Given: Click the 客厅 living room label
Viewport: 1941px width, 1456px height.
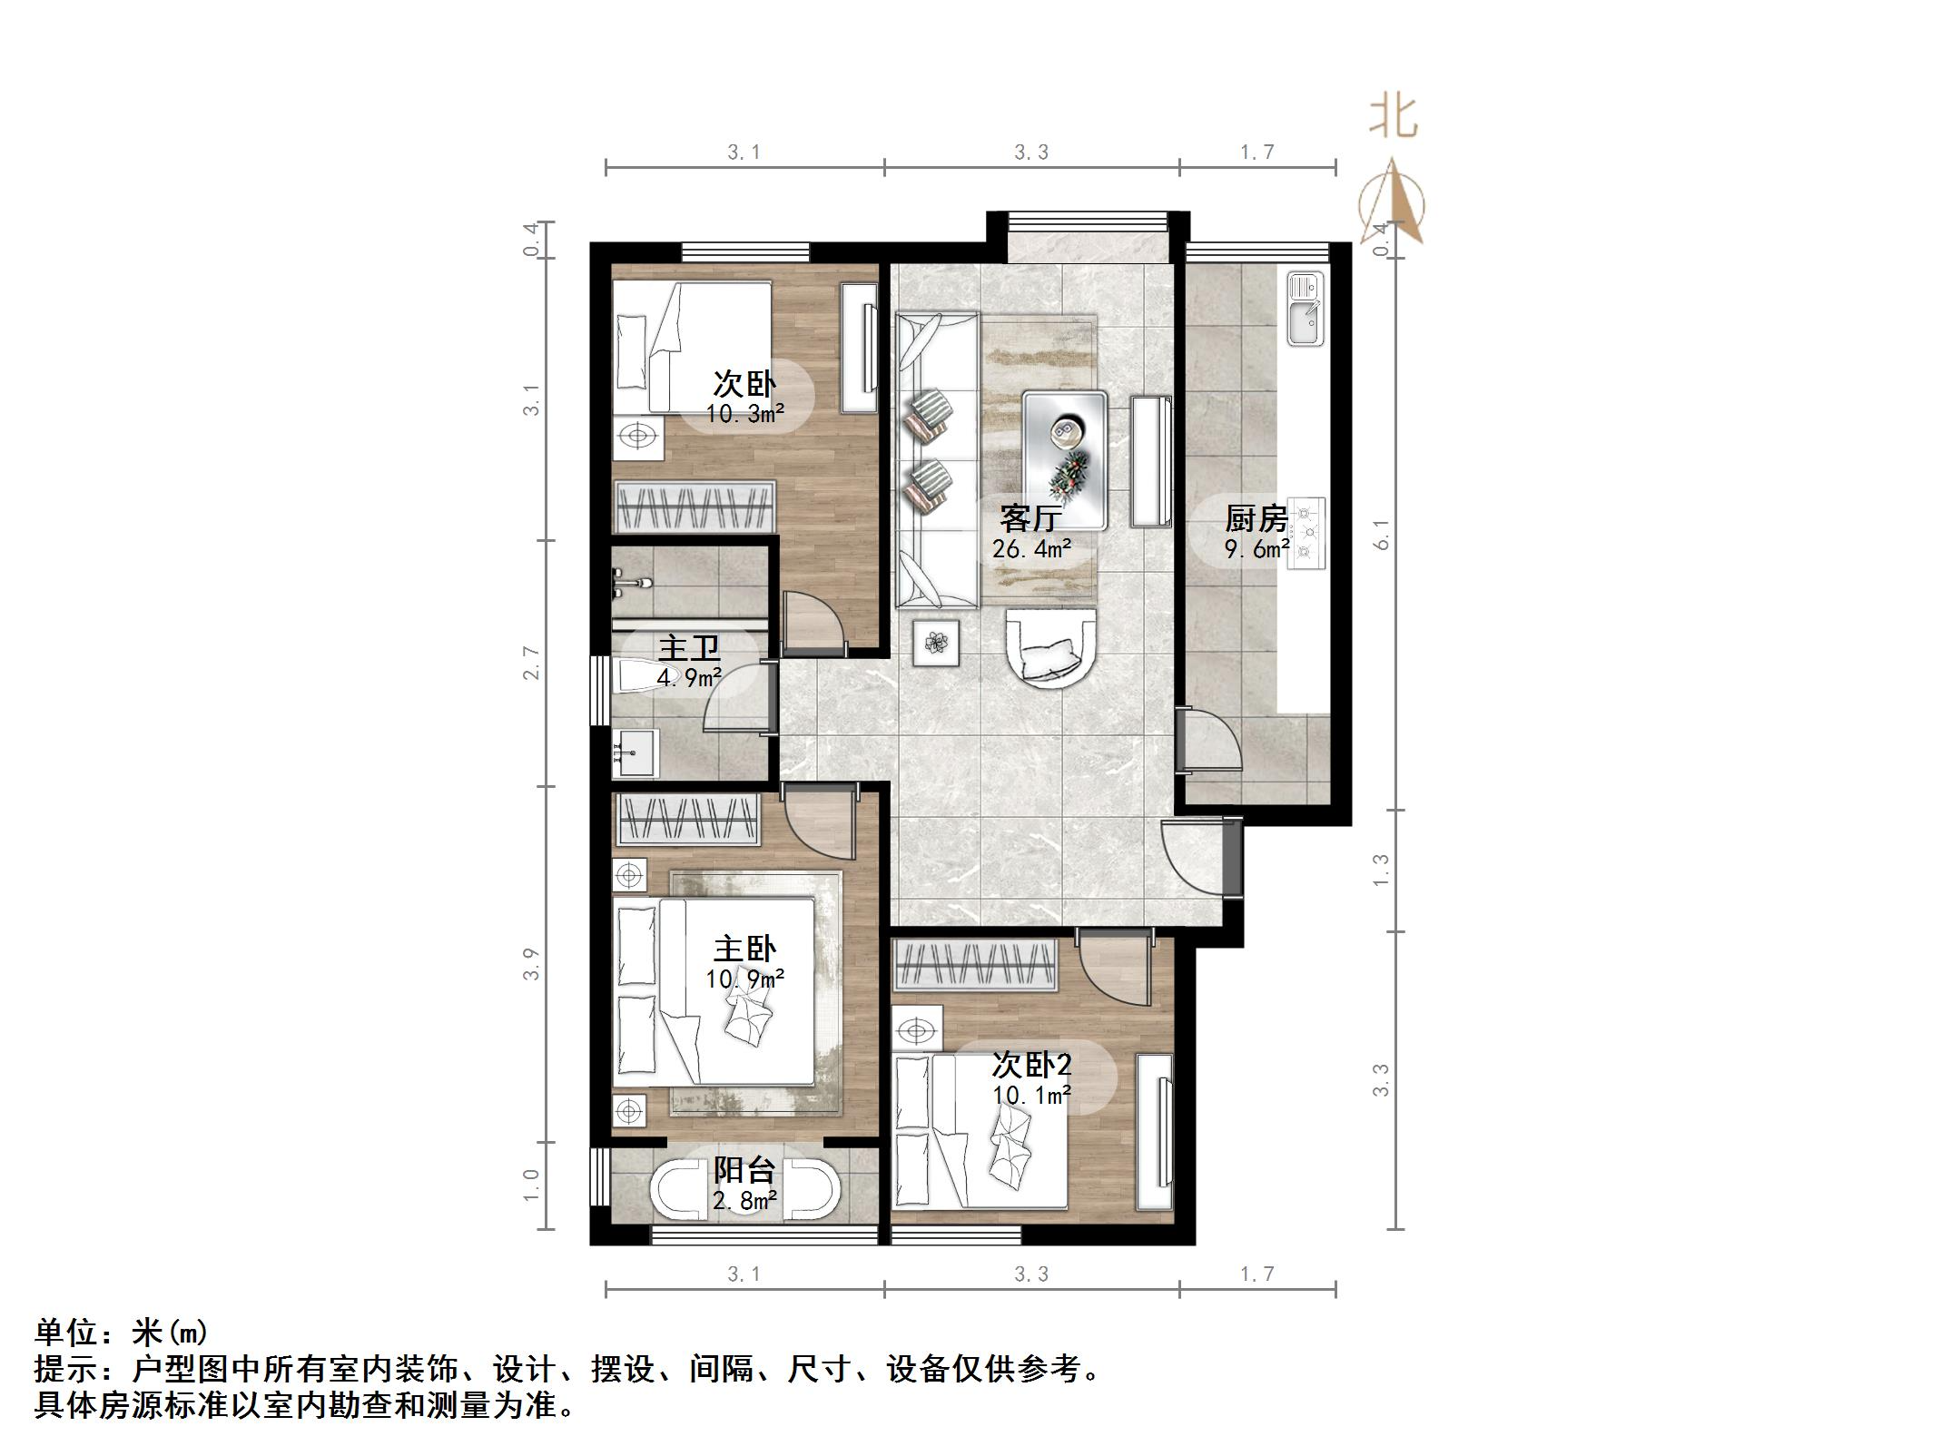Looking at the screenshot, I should point(1030,518).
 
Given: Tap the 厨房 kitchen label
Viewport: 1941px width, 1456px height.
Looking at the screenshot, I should point(1256,518).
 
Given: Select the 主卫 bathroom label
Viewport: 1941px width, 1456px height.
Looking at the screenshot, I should point(689,648).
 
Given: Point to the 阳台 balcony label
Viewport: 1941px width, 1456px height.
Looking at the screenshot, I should point(744,1170).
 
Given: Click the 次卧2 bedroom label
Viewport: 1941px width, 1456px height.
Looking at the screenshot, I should point(1031,1064).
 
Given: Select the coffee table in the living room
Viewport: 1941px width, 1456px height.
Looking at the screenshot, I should point(1065,459).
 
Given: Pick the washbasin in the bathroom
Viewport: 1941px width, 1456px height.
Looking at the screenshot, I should point(635,753).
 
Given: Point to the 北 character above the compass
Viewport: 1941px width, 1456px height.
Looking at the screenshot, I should point(1393,118).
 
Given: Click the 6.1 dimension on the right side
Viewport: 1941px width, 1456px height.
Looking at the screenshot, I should point(1382,536).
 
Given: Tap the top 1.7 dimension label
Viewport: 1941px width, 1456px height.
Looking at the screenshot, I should point(1257,152).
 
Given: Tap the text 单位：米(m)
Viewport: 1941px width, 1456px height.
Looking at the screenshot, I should point(122,1333).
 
